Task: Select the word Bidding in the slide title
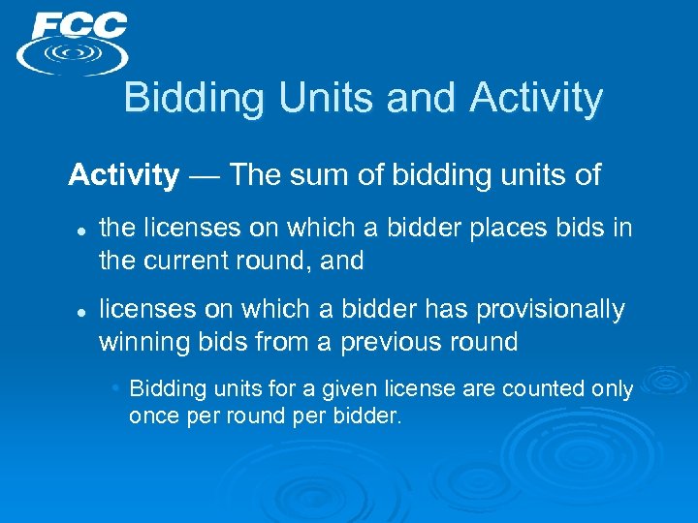click(x=180, y=98)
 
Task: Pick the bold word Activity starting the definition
click(x=124, y=175)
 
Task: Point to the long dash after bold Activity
click(x=205, y=175)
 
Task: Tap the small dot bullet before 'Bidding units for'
click(x=115, y=388)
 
